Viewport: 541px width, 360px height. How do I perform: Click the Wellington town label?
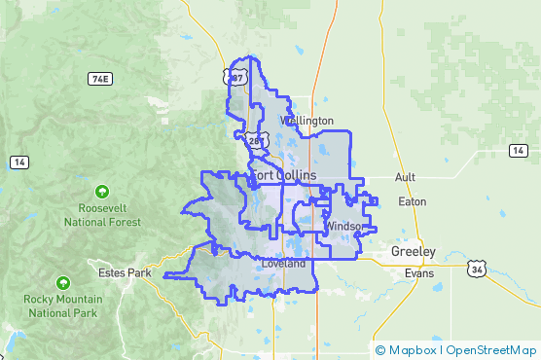[307, 121]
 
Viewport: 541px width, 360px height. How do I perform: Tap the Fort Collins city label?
[283, 175]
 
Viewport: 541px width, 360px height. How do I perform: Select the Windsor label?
[343, 226]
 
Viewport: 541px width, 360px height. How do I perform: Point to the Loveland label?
[283, 264]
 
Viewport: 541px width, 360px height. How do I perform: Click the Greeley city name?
[414, 251]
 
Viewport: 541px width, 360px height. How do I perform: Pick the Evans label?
[419, 274]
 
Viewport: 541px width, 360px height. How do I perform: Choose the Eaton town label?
[413, 201]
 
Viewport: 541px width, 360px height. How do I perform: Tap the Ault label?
[405, 178]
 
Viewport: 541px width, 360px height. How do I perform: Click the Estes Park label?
[125, 273]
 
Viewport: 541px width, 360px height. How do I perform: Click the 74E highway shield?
[98, 78]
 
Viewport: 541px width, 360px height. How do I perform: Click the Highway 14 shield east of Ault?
[519, 150]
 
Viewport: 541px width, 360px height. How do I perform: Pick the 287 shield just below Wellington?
[254, 141]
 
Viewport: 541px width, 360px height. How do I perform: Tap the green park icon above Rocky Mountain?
[63, 283]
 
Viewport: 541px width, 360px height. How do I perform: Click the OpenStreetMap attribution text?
[489, 349]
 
